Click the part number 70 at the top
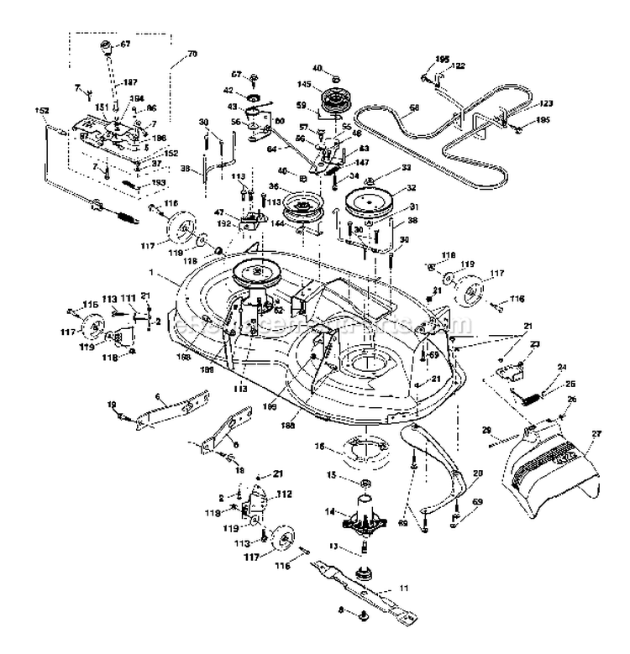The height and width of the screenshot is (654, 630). (192, 53)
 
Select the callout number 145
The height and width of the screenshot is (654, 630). (304, 84)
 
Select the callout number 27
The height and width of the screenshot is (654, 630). (596, 434)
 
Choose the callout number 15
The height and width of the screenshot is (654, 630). (331, 475)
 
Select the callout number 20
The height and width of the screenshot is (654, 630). (479, 473)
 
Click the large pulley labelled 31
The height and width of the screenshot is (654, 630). (370, 205)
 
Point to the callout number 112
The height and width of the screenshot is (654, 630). (283, 494)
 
